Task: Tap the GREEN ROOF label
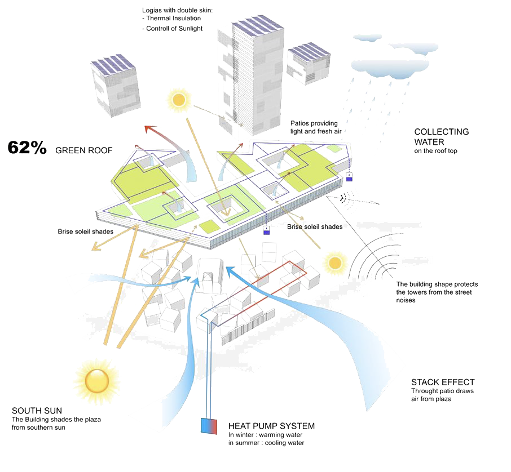[x=84, y=150]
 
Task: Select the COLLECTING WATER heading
[x=442, y=136]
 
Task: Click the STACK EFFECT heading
[x=443, y=382]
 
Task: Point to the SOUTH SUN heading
[x=37, y=410]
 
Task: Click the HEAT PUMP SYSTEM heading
[x=271, y=426]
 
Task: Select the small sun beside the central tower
[x=178, y=100]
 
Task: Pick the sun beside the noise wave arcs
[x=336, y=262]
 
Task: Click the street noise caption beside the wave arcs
[x=437, y=292]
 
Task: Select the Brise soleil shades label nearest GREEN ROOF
[x=86, y=231]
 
